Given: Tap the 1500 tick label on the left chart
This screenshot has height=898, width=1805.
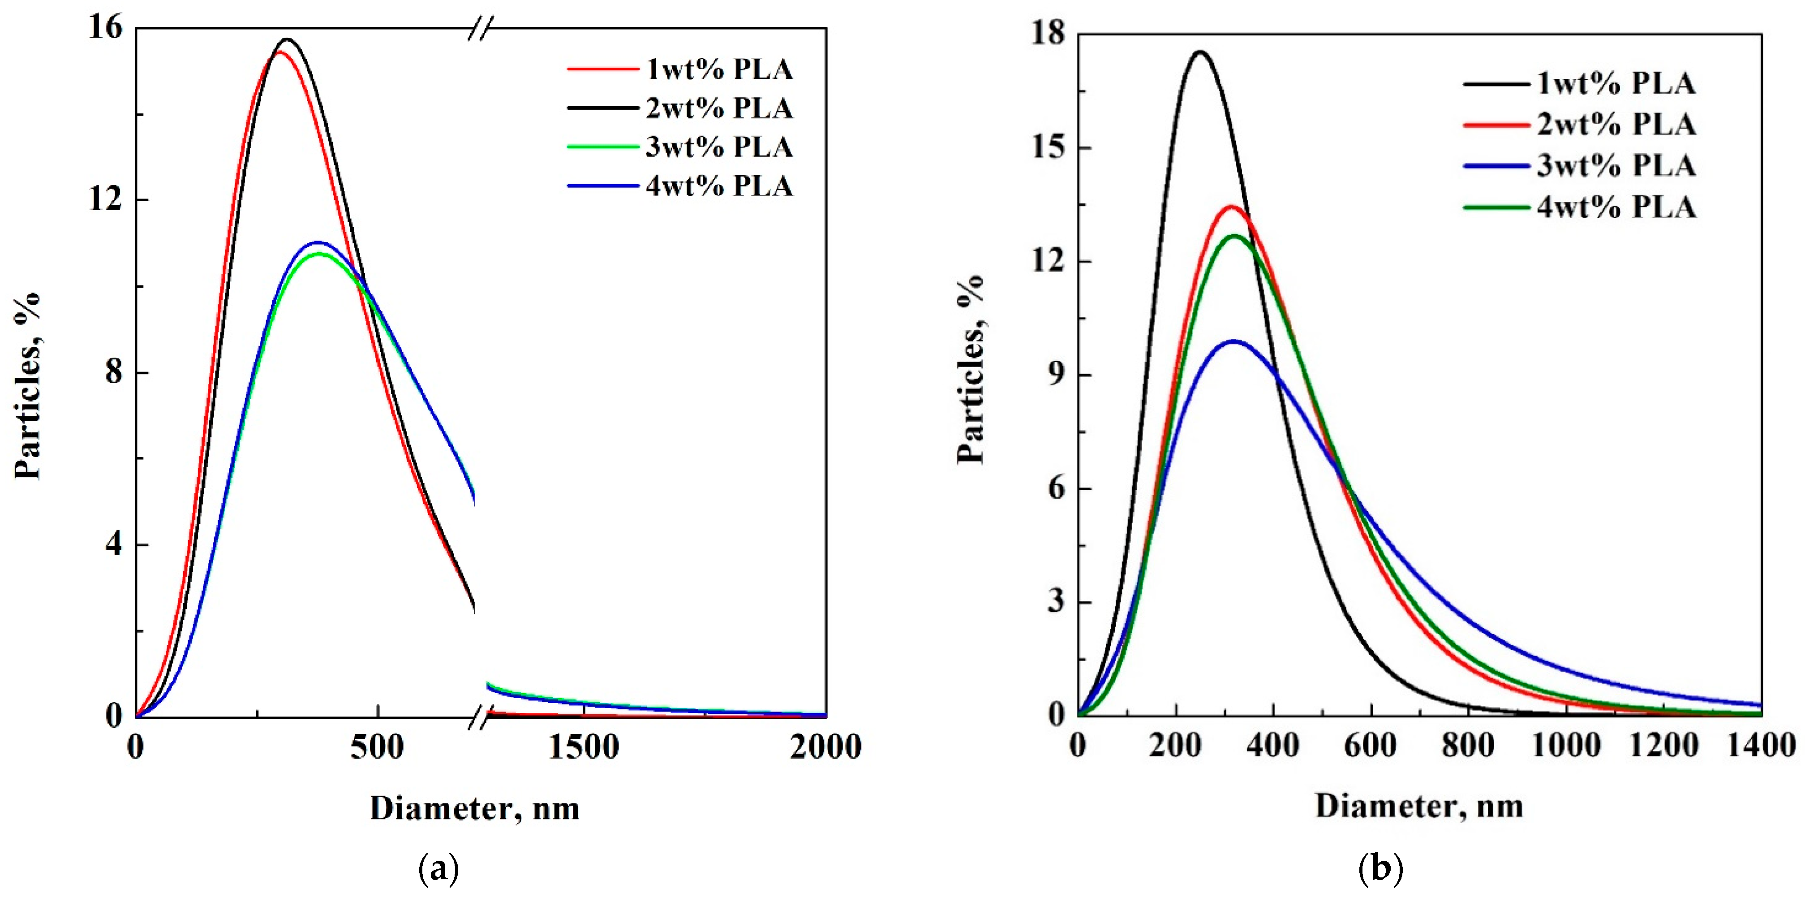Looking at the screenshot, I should [x=583, y=747].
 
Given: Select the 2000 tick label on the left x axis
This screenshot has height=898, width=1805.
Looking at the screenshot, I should [x=825, y=747].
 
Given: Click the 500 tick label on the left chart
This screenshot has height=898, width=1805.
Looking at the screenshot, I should [x=377, y=747].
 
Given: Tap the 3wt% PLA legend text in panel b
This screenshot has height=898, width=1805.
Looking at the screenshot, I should [x=1616, y=166].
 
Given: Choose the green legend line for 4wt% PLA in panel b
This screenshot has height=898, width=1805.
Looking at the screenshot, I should [x=1496, y=207].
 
